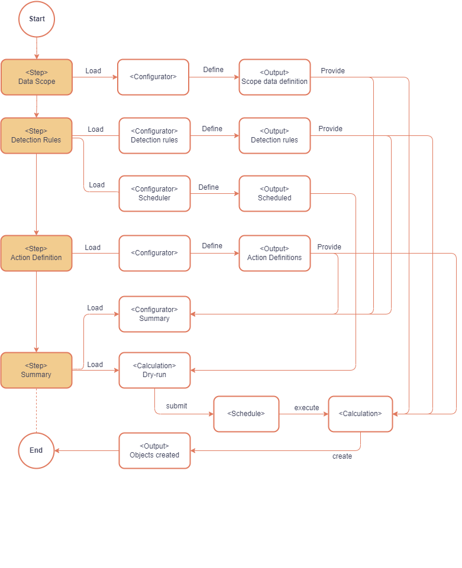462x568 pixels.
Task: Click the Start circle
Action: [x=37, y=19]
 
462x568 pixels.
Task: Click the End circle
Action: [x=36, y=450]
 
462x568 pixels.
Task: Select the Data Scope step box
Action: [x=37, y=77]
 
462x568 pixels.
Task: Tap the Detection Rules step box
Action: [x=37, y=135]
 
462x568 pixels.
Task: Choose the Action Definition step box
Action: [x=37, y=253]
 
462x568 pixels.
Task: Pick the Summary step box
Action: [x=37, y=370]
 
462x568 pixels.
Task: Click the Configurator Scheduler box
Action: [x=154, y=193]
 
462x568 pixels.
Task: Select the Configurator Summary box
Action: [x=154, y=314]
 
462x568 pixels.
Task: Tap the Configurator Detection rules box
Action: [x=154, y=135]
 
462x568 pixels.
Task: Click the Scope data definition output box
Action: [x=274, y=77]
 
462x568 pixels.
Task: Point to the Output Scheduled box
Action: [x=274, y=193]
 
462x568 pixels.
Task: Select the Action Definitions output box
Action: [x=274, y=253]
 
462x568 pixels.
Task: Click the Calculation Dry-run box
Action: [x=154, y=370]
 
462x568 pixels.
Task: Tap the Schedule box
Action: [x=245, y=414]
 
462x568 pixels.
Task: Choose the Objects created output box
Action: [x=154, y=450]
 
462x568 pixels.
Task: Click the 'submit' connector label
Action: [x=176, y=406]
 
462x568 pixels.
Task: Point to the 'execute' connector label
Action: [x=306, y=408]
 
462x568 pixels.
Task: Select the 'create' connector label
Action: [x=342, y=456]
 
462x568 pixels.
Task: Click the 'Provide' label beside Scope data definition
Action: [x=332, y=71]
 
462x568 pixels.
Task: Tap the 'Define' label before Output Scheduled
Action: [x=208, y=187]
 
